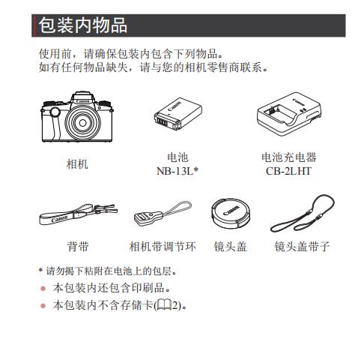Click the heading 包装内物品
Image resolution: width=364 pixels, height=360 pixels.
[83, 25]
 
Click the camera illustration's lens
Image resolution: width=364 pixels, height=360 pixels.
[82, 122]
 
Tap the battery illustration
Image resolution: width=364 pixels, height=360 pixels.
[178, 114]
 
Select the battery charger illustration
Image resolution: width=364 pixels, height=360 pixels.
[289, 114]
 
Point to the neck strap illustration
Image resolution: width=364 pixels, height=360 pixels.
[78, 214]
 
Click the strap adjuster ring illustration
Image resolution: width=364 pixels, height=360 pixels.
[163, 213]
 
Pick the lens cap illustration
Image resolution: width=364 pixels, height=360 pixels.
[230, 213]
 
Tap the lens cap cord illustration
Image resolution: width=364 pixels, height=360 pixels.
[303, 213]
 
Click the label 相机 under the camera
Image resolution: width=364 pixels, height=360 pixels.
[77, 164]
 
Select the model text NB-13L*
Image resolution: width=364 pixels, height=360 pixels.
[178, 171]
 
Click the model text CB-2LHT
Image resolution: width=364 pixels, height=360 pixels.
[288, 171]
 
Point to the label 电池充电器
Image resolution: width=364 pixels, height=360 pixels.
[289, 157]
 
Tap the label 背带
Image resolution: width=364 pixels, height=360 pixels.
[78, 246]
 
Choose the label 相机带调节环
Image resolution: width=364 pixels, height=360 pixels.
[163, 246]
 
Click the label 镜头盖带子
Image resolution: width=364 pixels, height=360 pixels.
[302, 246]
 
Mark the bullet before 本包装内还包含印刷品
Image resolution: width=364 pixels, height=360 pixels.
[43, 289]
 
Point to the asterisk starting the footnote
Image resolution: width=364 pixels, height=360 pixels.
[40, 270]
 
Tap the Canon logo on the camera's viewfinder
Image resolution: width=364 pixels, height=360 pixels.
[83, 101]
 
